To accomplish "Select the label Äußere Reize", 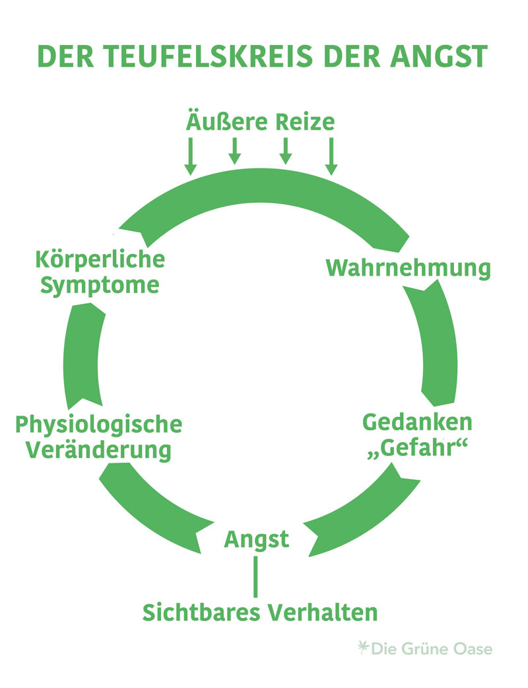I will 260,122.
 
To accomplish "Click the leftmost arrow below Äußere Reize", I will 190,156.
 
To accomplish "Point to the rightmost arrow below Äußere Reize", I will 331,156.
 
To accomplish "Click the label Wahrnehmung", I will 409,268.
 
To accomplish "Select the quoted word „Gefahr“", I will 417,449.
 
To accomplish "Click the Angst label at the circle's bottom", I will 257,539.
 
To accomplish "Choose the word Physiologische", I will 98,424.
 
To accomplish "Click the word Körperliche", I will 100,258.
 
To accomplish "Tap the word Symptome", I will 100,286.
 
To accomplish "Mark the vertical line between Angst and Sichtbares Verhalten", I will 256,576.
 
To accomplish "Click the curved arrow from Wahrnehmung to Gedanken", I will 437,344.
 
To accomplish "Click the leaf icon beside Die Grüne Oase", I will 362,647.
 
